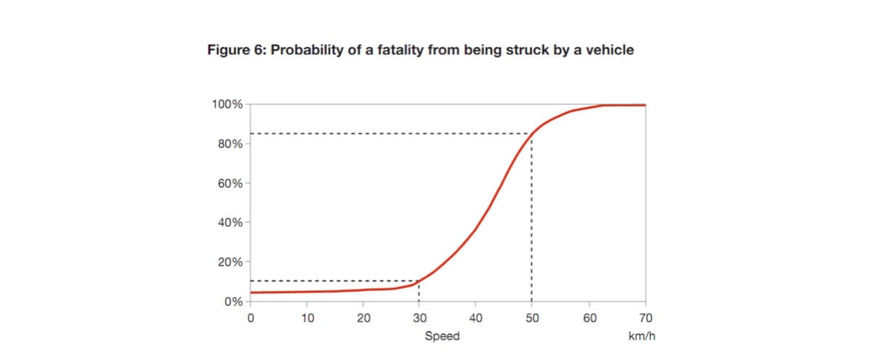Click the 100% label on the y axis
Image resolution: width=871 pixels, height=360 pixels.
(227, 105)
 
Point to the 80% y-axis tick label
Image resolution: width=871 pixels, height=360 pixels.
(230, 144)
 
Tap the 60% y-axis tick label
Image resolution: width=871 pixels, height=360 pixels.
(230, 183)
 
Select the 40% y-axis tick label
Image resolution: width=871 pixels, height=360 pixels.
(230, 222)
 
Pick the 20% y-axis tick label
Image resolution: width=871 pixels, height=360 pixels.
(230, 261)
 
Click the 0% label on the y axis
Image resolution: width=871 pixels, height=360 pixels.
(233, 301)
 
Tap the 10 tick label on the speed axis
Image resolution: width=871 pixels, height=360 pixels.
(307, 317)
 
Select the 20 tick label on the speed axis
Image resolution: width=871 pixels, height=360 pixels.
(364, 317)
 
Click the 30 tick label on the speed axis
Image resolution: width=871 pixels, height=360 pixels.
(420, 317)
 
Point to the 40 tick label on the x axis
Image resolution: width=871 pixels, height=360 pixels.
(475, 317)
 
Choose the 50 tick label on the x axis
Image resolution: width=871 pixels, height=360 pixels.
(532, 317)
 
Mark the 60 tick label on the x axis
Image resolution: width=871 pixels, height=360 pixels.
(589, 317)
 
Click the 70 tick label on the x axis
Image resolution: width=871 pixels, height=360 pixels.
(645, 317)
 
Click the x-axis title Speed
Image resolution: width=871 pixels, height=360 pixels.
(442, 336)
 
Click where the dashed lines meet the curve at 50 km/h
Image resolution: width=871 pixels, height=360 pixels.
(532, 134)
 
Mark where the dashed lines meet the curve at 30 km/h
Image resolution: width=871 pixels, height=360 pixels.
(420, 281)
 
